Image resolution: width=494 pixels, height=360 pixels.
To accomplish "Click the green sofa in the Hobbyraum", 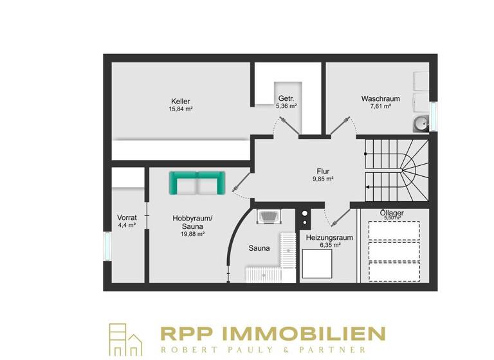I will (x=197, y=183).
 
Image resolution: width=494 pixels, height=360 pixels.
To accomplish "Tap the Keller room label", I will (x=181, y=102).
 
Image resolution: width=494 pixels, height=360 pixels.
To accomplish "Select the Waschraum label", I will (x=380, y=99).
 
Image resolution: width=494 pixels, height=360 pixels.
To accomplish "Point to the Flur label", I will (x=323, y=171).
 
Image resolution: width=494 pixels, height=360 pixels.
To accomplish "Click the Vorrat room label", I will (x=126, y=217).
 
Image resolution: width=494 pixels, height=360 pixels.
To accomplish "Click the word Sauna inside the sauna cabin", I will (x=259, y=248).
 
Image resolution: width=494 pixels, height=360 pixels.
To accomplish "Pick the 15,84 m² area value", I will (x=181, y=109).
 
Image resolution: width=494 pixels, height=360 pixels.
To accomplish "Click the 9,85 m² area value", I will (x=323, y=179).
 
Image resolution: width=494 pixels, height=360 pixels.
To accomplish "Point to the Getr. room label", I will (x=286, y=98).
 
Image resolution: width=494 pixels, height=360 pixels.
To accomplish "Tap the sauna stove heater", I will (x=267, y=217).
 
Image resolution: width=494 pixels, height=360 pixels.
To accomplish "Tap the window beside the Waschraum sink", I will (x=433, y=116).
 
